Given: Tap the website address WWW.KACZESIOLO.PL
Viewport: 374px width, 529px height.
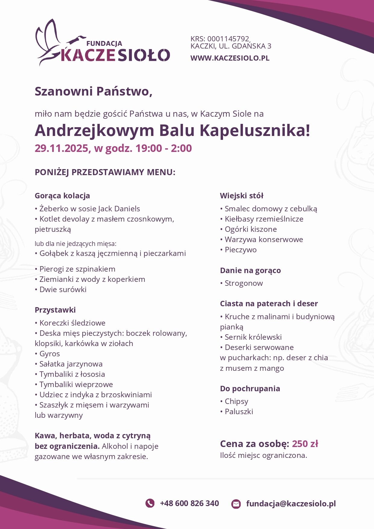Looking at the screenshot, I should pyautogui.click(x=230, y=58).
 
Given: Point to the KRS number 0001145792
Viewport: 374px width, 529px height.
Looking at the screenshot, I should pyautogui.click(x=228, y=39).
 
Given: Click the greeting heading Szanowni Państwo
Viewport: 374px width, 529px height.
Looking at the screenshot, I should pyautogui.click(x=93, y=91).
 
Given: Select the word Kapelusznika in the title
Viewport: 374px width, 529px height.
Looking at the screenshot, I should pyautogui.click(x=255, y=131).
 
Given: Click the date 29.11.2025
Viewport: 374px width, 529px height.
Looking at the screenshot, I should pyautogui.click(x=61, y=148).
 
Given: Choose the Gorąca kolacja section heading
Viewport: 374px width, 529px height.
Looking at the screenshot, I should pyautogui.click(x=62, y=196).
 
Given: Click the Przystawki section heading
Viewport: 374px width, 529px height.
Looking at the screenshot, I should pyautogui.click(x=55, y=310).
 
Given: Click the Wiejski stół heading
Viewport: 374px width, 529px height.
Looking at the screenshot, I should pyautogui.click(x=242, y=196).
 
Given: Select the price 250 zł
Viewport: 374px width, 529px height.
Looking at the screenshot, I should pyautogui.click(x=305, y=444).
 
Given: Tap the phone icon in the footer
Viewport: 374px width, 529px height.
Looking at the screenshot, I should pyautogui.click(x=150, y=503).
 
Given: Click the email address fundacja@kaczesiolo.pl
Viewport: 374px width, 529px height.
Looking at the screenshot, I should pyautogui.click(x=291, y=503).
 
